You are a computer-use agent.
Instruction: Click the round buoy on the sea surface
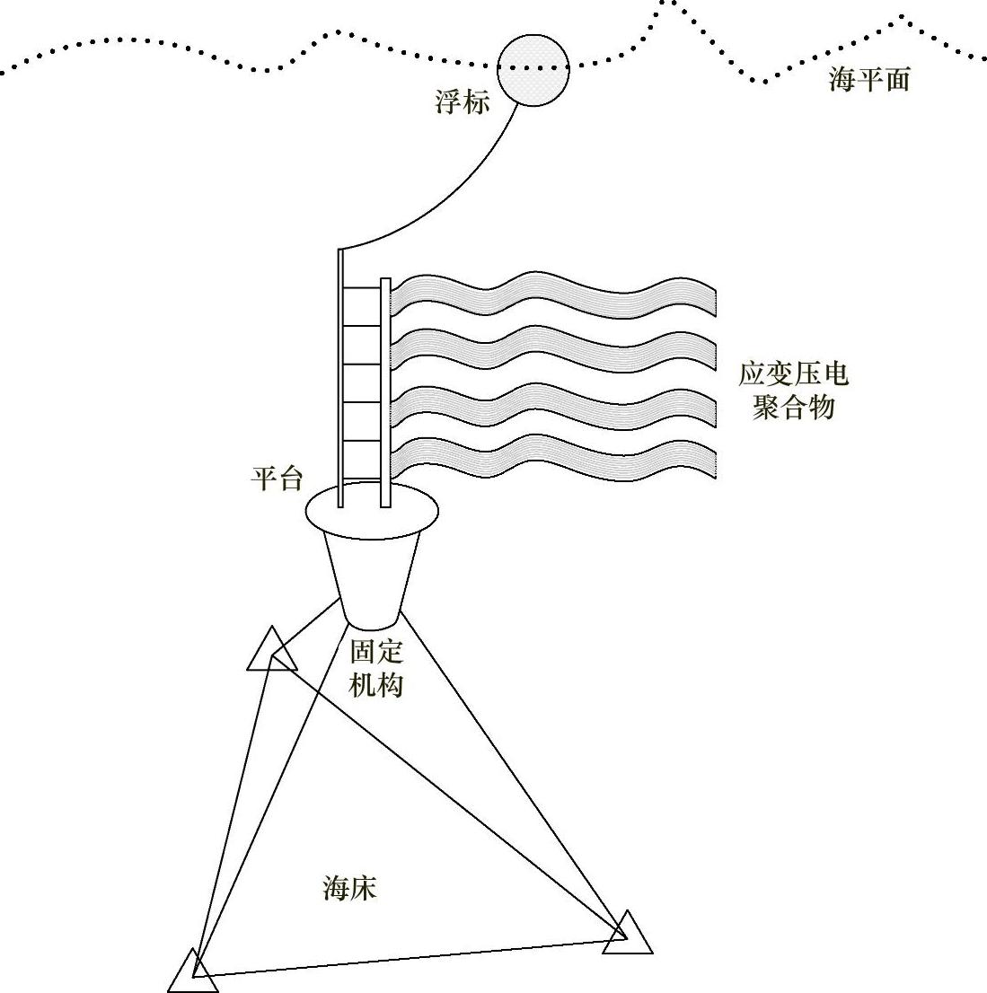533,70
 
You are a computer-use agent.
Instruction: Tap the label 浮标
463,102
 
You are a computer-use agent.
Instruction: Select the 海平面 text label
868,80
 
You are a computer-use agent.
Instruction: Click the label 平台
276,479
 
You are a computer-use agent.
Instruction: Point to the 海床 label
349,889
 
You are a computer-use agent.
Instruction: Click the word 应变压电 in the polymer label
793,373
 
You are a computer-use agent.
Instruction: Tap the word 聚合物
793,407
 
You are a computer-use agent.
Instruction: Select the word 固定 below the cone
376,651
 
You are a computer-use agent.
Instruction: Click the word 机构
376,685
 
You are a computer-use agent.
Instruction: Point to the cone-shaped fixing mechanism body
372,575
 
